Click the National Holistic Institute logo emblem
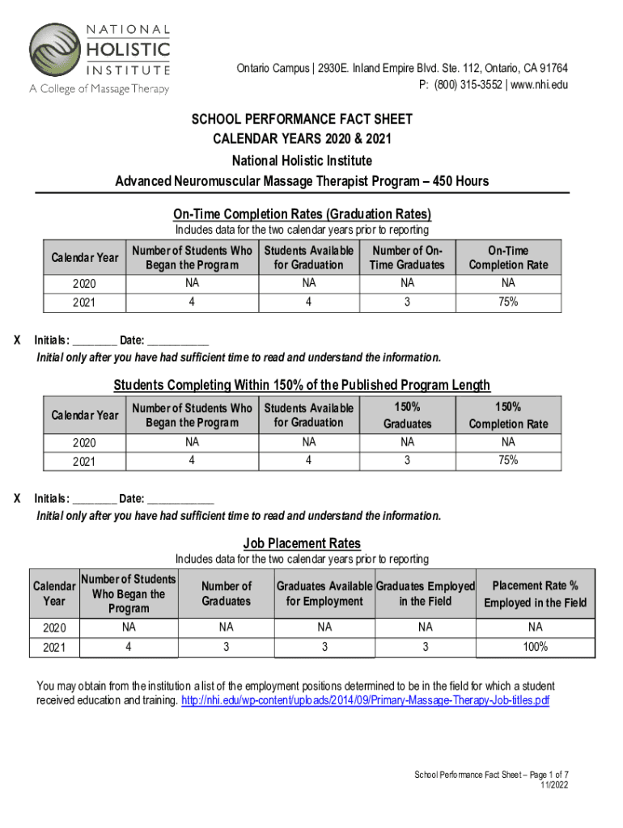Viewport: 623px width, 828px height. [x=57, y=52]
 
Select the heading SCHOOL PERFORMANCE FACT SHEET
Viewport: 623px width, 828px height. [x=302, y=120]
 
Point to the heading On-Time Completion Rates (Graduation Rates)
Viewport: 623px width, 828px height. [x=302, y=214]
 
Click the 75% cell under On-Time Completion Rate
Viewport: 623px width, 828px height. [x=507, y=302]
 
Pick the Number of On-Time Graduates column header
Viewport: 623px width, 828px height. [x=407, y=258]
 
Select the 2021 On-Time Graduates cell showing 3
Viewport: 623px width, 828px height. [x=407, y=302]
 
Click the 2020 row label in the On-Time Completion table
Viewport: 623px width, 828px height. [x=84, y=284]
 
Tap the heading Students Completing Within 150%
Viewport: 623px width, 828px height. [x=302, y=385]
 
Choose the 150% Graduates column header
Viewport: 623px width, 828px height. [x=407, y=416]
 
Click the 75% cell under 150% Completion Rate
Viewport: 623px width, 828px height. [x=507, y=460]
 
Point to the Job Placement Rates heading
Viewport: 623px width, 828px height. [x=302, y=543]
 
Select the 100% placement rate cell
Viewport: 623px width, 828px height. [x=535, y=647]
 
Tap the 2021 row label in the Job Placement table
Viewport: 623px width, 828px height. [x=54, y=648]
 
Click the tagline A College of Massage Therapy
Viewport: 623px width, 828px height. [x=100, y=89]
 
